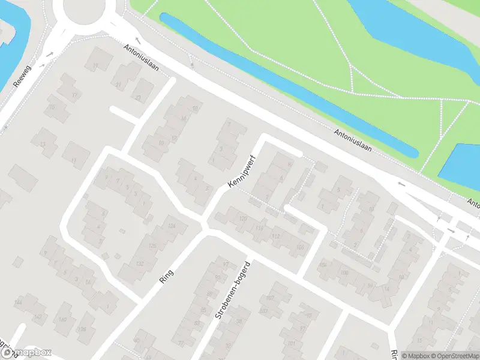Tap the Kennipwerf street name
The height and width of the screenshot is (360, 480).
pos(242,173)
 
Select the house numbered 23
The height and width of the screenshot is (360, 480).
pos(139,98)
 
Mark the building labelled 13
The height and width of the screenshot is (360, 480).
pos(42,144)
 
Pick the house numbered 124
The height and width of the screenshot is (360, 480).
pos(172,226)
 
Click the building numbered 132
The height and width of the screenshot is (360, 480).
pos(140,263)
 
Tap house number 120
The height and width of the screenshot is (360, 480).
pos(242,218)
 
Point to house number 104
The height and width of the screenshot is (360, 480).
pos(323,265)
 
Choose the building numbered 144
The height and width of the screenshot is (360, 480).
pos(18,302)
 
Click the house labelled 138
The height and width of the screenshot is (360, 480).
pos(82,329)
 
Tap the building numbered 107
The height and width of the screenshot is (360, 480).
pos(270,298)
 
